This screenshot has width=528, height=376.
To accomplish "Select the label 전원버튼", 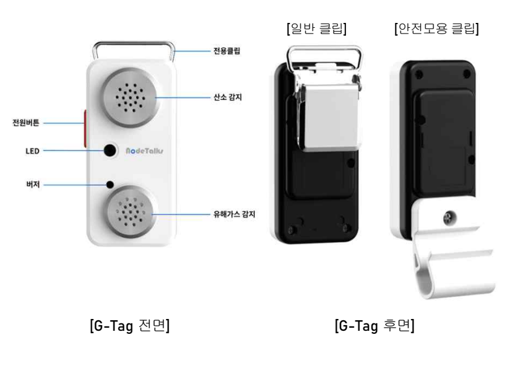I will click(26, 123).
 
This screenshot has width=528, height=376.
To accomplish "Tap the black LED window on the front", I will click(110, 150).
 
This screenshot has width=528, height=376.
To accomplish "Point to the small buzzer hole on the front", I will click(110, 184).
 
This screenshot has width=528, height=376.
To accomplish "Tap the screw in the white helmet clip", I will click(449, 217).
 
